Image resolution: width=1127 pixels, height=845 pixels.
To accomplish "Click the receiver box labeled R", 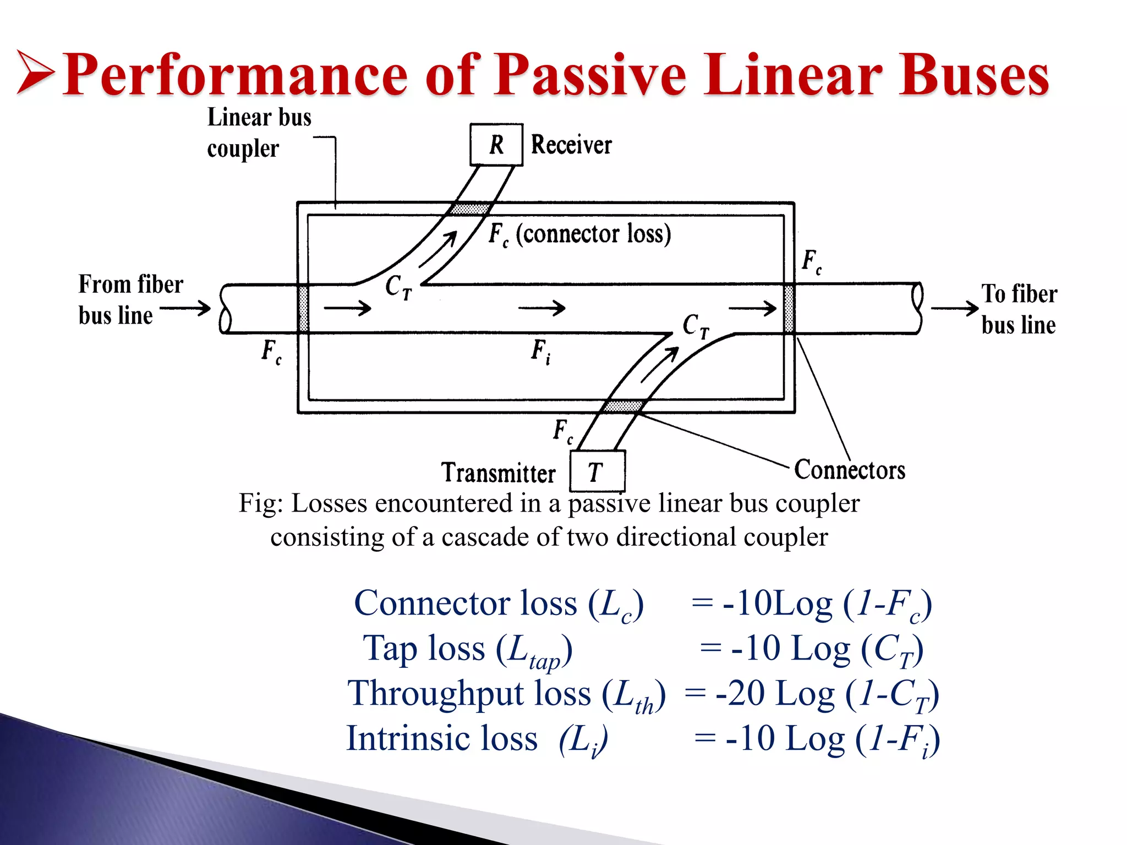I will (496, 145).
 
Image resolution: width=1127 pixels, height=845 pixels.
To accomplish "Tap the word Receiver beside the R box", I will (571, 145).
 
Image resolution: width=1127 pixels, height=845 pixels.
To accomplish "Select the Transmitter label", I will (499, 473).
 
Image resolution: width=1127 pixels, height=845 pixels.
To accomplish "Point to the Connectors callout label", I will (850, 470).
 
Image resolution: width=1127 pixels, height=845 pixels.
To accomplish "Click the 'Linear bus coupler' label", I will (259, 133).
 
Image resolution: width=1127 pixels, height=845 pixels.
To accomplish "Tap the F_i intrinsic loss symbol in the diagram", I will (540, 351).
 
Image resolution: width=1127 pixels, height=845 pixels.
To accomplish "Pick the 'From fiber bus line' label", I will (130, 300).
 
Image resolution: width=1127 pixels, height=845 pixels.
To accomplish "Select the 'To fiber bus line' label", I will (1019, 309).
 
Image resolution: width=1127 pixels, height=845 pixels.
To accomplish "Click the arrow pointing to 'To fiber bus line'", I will (954, 308).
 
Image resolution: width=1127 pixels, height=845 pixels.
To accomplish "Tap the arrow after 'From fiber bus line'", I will (185, 308).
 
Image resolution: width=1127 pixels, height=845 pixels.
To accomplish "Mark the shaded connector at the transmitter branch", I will (622, 407).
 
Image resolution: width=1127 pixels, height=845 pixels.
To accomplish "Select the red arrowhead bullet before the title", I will (35, 72).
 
